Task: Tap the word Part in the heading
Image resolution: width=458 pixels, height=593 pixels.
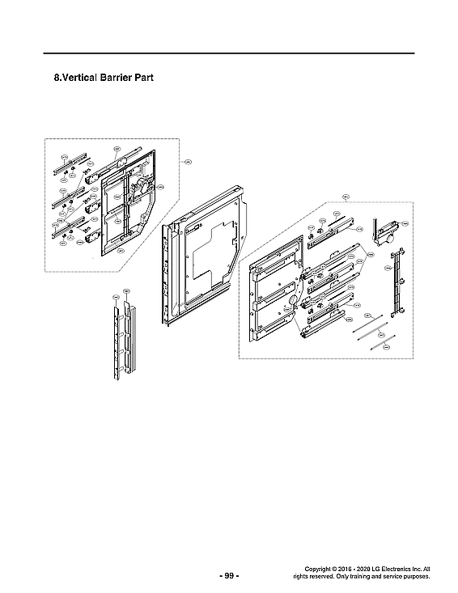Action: point(144,79)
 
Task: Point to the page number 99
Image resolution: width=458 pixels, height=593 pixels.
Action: point(229,575)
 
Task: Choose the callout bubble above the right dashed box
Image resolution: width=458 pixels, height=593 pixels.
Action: point(346,196)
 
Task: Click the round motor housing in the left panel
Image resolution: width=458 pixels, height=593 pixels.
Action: point(135,192)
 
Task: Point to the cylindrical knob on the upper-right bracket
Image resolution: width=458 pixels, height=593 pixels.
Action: point(388,240)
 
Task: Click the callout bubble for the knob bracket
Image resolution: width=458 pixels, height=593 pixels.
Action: point(405,222)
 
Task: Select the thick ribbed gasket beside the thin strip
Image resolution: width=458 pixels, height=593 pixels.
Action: point(130,332)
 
